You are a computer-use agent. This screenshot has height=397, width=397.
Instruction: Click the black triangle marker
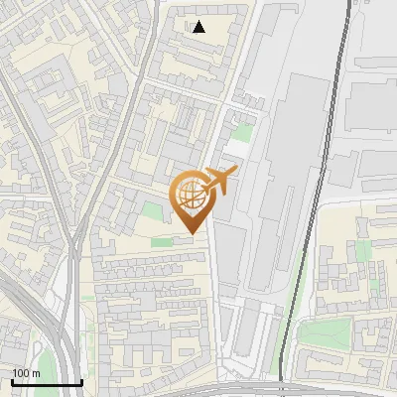click(199, 27)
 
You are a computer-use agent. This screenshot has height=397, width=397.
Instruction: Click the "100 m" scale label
click(26, 373)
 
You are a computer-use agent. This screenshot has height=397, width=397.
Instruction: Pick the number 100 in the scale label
click(21, 373)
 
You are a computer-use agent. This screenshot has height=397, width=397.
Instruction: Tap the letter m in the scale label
click(36, 373)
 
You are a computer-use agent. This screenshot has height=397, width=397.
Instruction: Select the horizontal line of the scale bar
click(47, 382)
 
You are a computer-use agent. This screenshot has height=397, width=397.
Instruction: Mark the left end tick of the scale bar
click(12, 380)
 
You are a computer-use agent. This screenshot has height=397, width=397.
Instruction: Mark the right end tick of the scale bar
click(81, 380)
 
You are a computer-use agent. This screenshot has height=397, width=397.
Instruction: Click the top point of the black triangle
click(199, 21)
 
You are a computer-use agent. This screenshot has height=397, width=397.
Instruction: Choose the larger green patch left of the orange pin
click(151, 210)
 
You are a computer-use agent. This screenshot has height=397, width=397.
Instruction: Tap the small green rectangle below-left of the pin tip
click(160, 241)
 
